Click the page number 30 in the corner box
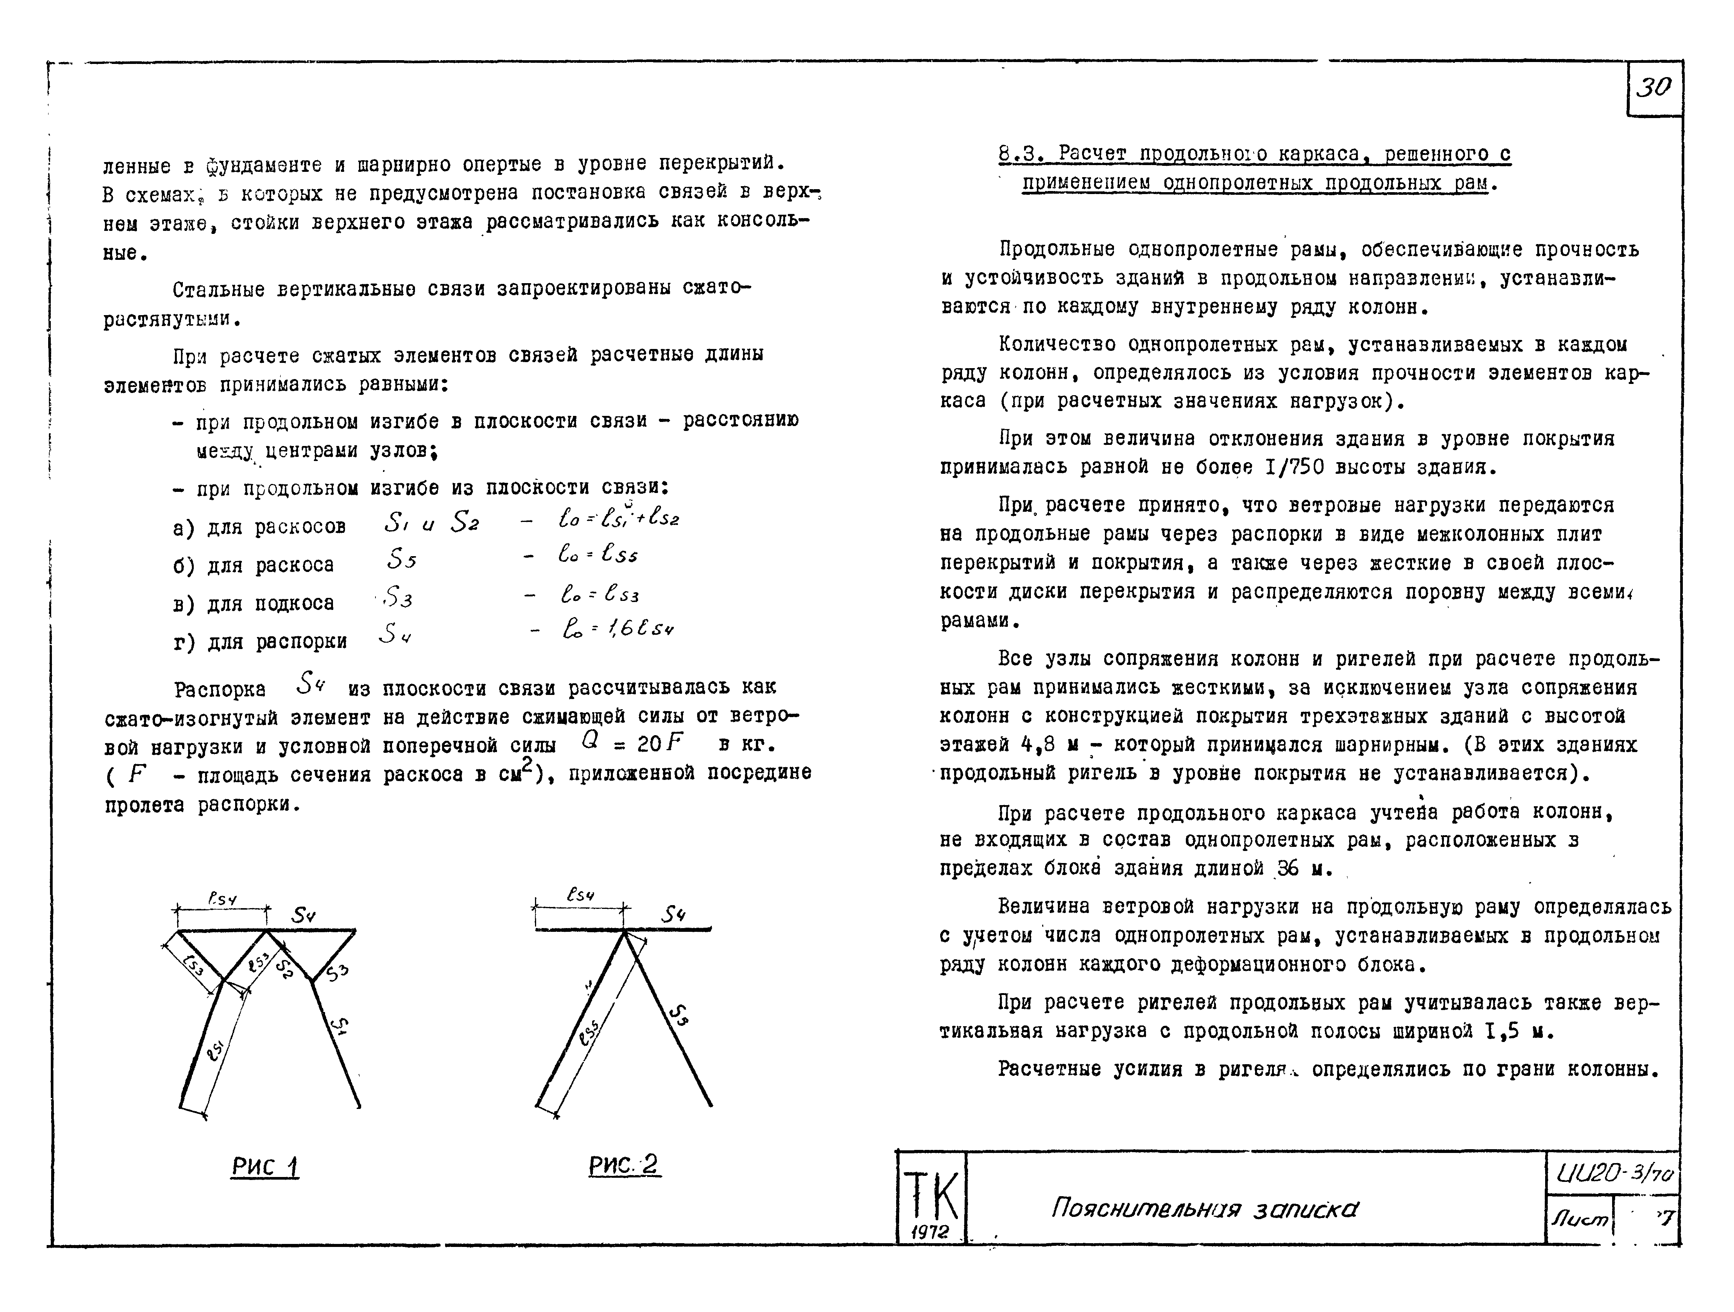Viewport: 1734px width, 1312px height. pyautogui.click(x=1654, y=88)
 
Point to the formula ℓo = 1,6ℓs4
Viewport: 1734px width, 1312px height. pyautogui.click(x=618, y=629)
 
